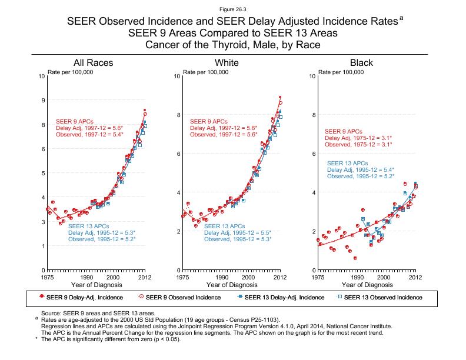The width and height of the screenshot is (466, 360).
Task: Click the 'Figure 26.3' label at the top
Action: tap(232, 9)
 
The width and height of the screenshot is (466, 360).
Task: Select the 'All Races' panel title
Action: tap(93, 63)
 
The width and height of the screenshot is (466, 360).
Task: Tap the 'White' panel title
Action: tap(227, 63)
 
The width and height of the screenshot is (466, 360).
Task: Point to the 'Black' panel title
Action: tap(361, 63)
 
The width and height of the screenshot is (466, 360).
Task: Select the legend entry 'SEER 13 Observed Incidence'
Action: tap(382, 297)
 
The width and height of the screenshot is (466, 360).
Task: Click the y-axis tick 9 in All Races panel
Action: tap(42, 101)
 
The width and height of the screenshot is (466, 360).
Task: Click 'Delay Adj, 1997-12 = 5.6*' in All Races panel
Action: tap(89, 128)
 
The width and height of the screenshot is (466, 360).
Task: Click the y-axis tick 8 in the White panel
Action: tap(178, 115)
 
